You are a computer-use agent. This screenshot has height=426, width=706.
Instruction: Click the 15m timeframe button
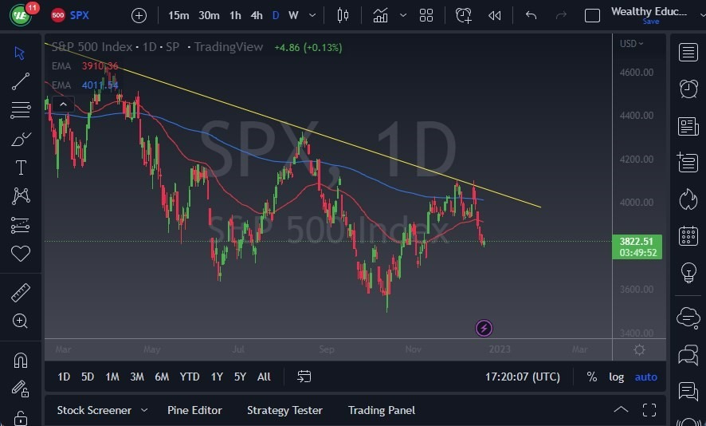178,15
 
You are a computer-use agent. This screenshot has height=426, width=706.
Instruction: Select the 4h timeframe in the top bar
256,15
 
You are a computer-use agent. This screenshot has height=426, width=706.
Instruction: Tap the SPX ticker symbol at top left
79,15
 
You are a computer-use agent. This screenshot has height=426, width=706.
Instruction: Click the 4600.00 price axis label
637,73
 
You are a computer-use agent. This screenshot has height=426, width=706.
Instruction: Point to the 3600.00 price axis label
637,290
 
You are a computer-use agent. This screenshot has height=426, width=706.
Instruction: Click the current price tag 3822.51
637,241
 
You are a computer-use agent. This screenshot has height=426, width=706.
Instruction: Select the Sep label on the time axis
327,349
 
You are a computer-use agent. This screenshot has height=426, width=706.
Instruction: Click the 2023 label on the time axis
500,349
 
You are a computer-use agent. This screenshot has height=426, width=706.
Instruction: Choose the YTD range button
190,377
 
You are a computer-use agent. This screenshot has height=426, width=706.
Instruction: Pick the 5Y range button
240,377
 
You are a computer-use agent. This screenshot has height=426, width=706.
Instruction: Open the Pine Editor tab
194,410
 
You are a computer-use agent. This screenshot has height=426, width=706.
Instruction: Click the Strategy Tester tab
284,410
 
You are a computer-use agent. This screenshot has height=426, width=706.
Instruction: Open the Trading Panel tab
381,410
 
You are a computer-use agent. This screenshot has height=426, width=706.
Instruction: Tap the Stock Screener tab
94,410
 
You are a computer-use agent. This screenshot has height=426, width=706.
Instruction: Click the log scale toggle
616,377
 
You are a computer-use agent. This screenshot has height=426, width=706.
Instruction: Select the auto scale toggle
645,377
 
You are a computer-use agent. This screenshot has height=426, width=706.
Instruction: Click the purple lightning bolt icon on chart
484,328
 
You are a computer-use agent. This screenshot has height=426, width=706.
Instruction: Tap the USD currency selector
630,44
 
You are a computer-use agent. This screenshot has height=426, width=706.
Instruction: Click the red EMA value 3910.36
100,66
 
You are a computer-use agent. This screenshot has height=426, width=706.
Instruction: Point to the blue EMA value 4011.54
100,85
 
